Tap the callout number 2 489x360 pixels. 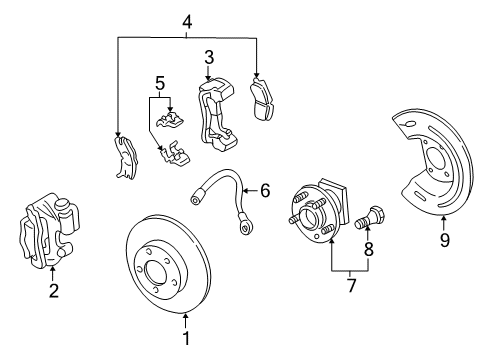53,291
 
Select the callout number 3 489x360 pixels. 209,56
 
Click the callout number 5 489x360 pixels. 157,83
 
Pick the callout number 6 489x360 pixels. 265,188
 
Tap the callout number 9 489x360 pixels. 444,239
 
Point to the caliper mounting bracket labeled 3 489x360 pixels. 217,115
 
